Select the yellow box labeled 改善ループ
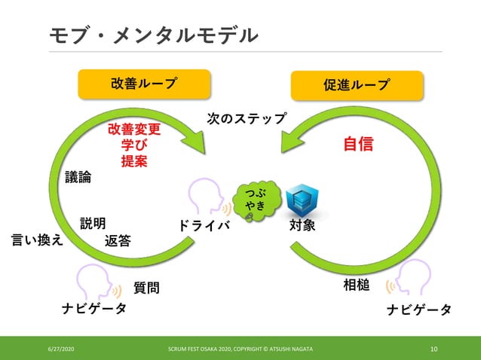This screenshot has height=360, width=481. (x=144, y=84)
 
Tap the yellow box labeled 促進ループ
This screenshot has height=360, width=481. (x=357, y=84)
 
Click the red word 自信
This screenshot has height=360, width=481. (x=359, y=143)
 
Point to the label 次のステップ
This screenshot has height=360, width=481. (x=247, y=118)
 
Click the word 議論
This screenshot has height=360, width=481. (x=78, y=177)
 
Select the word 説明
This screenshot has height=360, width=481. (x=93, y=224)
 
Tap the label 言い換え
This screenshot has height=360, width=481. (x=37, y=239)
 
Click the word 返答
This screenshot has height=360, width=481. (x=118, y=241)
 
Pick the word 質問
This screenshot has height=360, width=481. (x=146, y=288)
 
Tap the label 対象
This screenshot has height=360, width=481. (x=302, y=224)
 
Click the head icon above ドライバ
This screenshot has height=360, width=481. (x=206, y=197)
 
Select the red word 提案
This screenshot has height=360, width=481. (x=134, y=161)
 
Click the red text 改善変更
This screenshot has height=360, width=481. (x=134, y=129)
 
